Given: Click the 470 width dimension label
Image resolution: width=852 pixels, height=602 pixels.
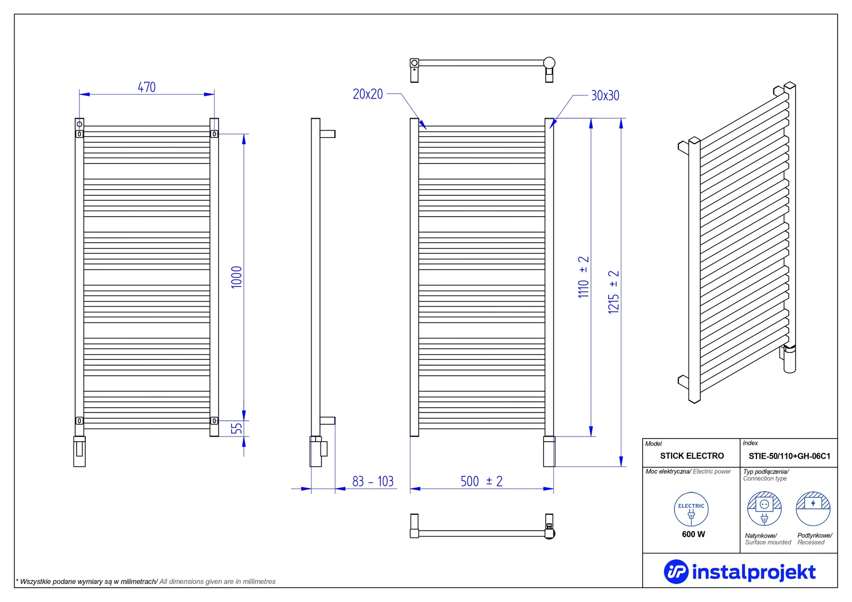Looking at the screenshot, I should [146, 87].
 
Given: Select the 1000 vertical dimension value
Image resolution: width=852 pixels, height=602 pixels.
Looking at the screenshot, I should [236, 277].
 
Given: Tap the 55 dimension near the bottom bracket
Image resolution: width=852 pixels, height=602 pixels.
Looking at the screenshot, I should [236, 428].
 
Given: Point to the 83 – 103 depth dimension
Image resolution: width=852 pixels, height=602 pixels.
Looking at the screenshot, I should [373, 482].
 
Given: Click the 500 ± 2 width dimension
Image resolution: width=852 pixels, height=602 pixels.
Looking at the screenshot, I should [481, 482].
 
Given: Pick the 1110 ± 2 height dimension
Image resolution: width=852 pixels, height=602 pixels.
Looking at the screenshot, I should [584, 277].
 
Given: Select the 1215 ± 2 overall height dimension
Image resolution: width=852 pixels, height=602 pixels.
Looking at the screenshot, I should [614, 292].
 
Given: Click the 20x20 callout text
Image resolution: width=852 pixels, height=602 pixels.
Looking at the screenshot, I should [367, 94].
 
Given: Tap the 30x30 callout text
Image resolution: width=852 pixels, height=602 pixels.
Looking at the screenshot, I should [605, 96].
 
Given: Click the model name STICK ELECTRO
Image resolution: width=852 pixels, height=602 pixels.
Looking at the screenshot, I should [692, 456].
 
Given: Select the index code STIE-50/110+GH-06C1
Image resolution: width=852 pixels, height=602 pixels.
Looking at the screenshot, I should [789, 456].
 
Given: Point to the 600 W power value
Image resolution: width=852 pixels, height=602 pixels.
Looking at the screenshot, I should [693, 534].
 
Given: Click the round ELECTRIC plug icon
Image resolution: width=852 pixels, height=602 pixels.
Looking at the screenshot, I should [691, 509].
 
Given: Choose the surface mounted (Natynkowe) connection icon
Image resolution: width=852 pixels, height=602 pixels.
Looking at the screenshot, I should [764, 509].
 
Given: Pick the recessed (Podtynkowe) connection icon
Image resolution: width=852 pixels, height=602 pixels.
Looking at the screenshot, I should [813, 509].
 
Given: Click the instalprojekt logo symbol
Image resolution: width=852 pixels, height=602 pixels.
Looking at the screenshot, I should [676, 572].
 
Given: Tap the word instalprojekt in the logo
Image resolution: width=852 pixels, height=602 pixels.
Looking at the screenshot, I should [753, 572].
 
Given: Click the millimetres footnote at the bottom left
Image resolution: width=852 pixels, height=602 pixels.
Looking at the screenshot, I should [146, 582].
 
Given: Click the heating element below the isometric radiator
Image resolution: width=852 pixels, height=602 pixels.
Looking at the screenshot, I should [789, 360].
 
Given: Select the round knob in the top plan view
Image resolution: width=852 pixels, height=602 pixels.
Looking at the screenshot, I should [549, 63].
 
